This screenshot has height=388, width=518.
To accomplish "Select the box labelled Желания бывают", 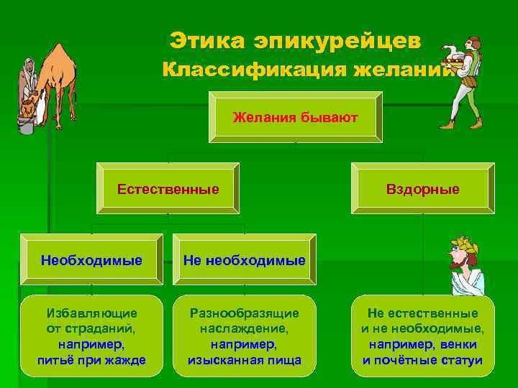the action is point(296,116).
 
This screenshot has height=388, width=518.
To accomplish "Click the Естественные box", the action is point(168,190).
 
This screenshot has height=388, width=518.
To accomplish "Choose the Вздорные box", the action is point(422,190).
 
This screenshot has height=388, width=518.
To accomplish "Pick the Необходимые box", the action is point(91,259).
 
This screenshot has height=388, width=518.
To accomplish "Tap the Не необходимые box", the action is point(245,259).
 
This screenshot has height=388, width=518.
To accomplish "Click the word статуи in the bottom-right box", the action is point(464,359).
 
